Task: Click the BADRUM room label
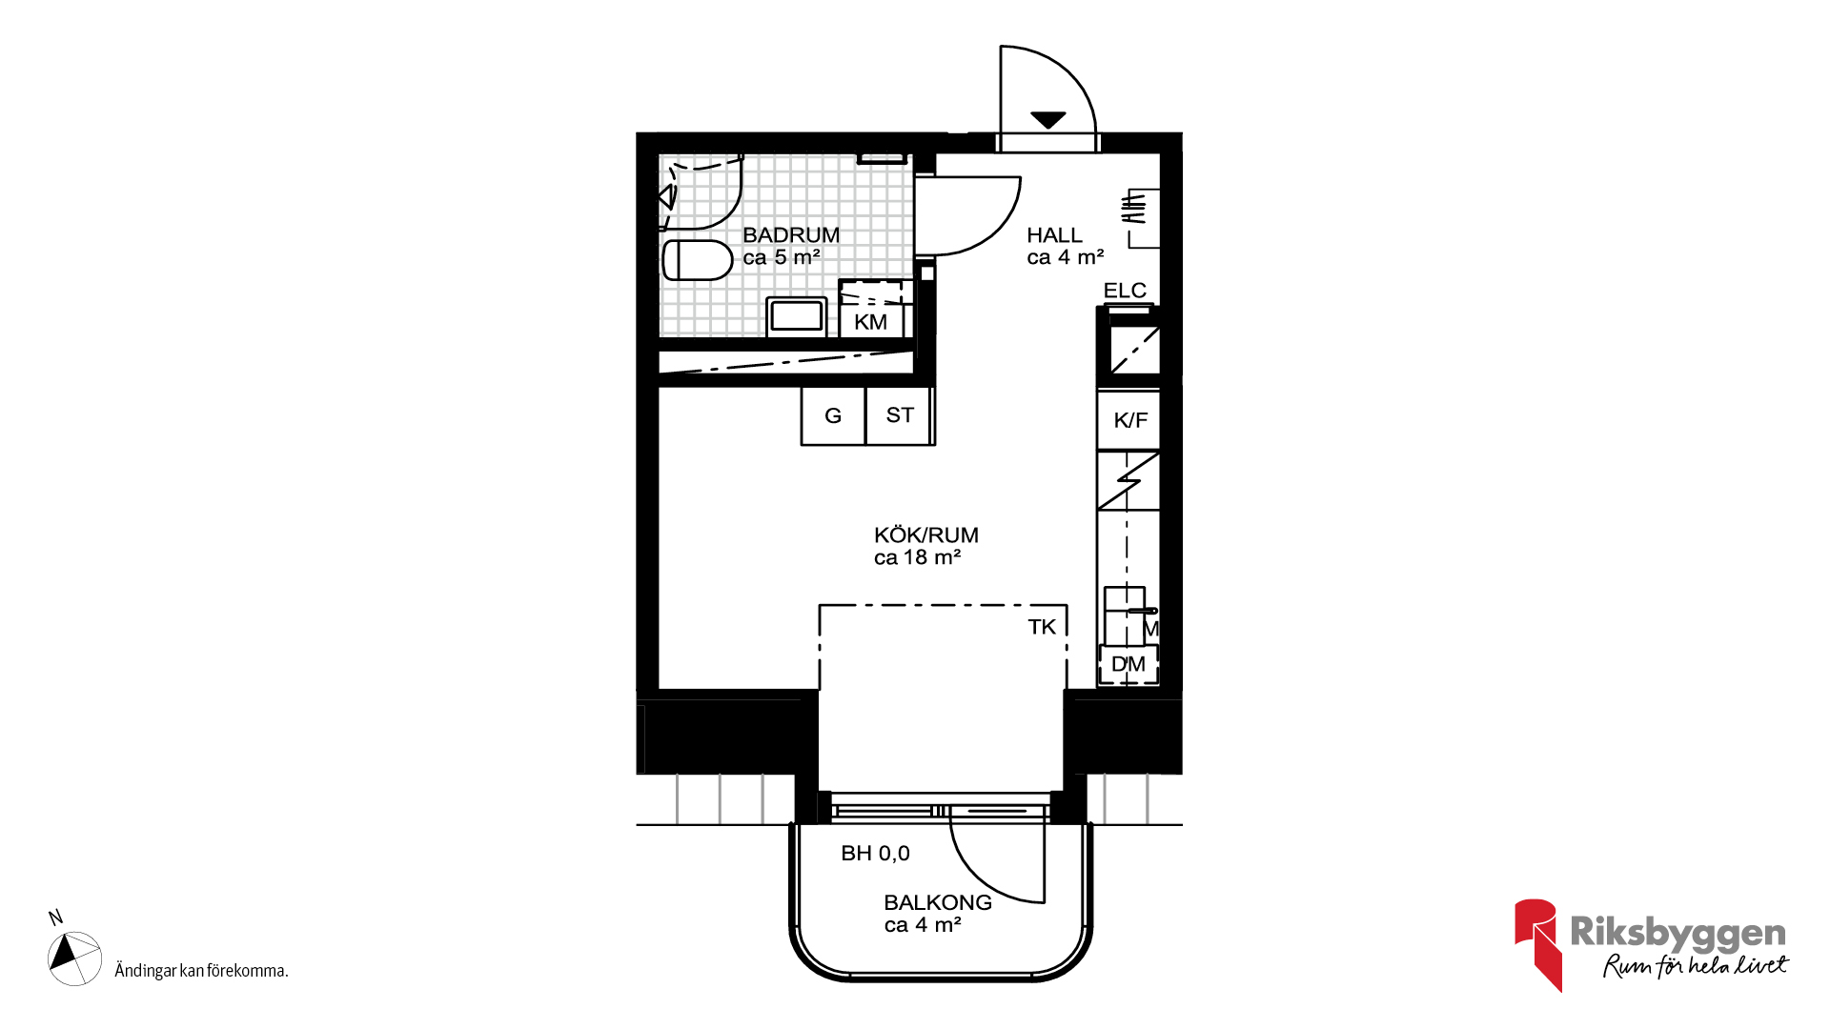point(791,234)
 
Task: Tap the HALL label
point(1054,235)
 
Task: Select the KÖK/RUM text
point(926,535)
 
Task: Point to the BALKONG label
point(938,902)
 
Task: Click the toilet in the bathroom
point(697,260)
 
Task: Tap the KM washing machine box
point(871,309)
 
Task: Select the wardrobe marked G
point(833,415)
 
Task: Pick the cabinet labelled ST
point(899,415)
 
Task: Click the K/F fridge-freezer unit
point(1128,420)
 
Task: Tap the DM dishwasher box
point(1128,664)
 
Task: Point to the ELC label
point(1125,291)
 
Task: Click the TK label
point(1042,627)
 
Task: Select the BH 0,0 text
point(875,854)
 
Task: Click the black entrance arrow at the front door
point(1047,120)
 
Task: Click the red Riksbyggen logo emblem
point(1537,943)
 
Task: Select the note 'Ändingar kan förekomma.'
point(201,971)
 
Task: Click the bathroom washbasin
point(797,316)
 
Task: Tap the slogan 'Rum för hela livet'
point(1696,965)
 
